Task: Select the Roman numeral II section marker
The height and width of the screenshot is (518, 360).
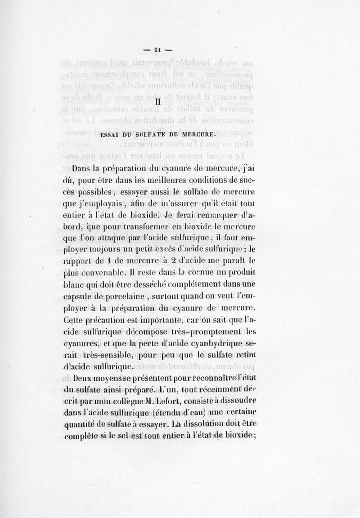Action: click(x=157, y=103)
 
